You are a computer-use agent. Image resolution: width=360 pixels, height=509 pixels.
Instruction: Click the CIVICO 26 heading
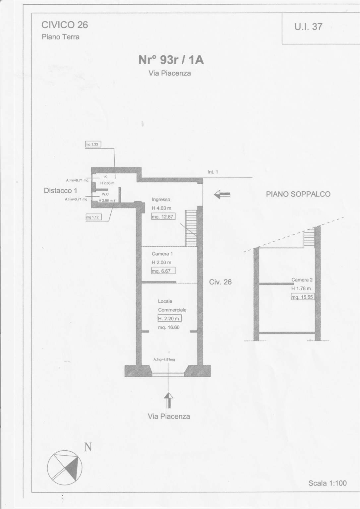click(x=65, y=25)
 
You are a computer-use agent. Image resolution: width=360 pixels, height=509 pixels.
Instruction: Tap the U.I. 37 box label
click(x=308, y=27)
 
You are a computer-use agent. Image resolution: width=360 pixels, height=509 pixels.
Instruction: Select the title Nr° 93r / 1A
click(x=171, y=60)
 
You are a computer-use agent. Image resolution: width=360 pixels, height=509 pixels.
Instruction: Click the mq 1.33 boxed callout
click(x=93, y=144)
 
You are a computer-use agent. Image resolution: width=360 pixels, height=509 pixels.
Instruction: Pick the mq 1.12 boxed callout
click(x=93, y=217)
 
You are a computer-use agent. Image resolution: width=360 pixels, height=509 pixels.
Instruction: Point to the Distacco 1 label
click(x=60, y=190)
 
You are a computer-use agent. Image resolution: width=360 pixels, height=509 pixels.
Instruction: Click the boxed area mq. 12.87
click(x=163, y=217)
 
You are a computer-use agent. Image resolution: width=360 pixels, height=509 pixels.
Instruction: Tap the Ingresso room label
click(x=161, y=200)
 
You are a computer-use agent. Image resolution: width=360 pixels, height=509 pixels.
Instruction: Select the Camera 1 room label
click(x=160, y=254)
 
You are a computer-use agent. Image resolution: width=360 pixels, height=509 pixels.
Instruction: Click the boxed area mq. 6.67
click(x=163, y=271)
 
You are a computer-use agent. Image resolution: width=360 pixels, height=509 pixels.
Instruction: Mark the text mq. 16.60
click(x=169, y=327)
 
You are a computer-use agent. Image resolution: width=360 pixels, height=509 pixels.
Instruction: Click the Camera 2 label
click(x=302, y=280)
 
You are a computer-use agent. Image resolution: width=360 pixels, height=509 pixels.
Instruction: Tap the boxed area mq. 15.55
click(x=303, y=297)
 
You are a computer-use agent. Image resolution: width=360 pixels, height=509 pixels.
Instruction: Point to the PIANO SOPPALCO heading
click(x=298, y=194)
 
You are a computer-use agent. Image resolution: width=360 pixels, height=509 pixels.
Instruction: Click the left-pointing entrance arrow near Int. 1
click(x=222, y=195)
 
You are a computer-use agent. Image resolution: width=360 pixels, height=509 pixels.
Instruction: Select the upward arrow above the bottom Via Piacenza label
click(x=168, y=400)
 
